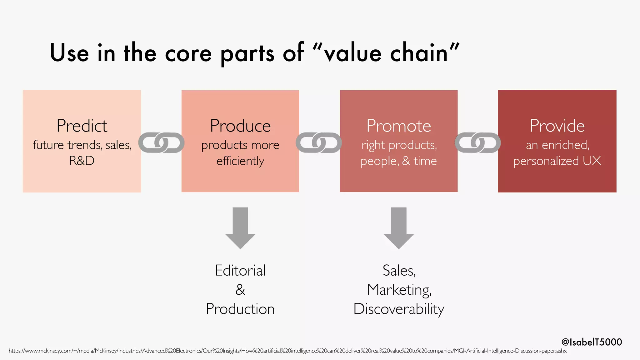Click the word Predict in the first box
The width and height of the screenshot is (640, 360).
coord(82,126)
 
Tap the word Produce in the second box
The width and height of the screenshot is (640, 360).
coord(240,126)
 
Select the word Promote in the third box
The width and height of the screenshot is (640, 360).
coord(399,126)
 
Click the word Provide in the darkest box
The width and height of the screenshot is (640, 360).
coord(557,126)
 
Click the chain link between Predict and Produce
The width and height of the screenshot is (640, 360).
coord(161,142)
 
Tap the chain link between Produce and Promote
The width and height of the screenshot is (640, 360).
coord(319,142)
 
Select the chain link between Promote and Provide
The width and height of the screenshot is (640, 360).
coord(477,142)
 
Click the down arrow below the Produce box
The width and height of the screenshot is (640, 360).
coord(240,228)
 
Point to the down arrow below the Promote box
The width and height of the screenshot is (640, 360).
coord(399,228)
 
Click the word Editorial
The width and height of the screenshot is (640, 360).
coord(240,271)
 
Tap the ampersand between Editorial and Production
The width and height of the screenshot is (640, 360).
coord(240,290)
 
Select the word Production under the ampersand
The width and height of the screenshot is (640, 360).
coord(240,309)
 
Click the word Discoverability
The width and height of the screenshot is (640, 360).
coord(399,309)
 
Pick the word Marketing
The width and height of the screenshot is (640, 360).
coord(399,290)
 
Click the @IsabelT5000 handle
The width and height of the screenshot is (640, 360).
coord(592,342)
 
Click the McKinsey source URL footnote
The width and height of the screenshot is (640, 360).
coord(287,351)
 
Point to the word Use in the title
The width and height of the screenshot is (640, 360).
coord(69,53)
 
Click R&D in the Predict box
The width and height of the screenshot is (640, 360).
coord(82,161)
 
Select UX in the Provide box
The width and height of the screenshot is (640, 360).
coord(592,161)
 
